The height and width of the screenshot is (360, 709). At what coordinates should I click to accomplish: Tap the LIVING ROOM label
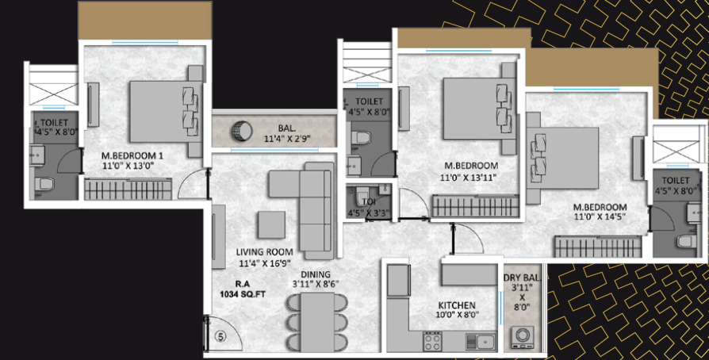265,252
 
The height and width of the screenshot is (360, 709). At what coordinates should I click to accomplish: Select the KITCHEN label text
456,304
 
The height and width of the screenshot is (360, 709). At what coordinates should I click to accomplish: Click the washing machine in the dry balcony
523,337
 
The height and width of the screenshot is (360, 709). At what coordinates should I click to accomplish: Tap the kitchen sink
481,342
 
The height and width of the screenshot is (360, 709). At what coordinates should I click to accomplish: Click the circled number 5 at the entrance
220,337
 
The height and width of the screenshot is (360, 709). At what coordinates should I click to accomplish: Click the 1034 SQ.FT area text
243,294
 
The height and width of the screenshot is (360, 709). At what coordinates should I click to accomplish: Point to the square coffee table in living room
271,224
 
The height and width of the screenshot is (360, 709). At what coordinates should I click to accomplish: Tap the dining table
317,322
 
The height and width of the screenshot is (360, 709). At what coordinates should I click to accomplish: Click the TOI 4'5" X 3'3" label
369,208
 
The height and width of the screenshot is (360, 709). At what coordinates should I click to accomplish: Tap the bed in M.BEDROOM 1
165,112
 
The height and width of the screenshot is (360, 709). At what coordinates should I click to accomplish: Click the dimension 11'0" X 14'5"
600,216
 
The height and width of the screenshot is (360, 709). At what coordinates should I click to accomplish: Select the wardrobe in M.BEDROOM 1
128,189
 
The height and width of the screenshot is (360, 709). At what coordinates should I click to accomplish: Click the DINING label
316,274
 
